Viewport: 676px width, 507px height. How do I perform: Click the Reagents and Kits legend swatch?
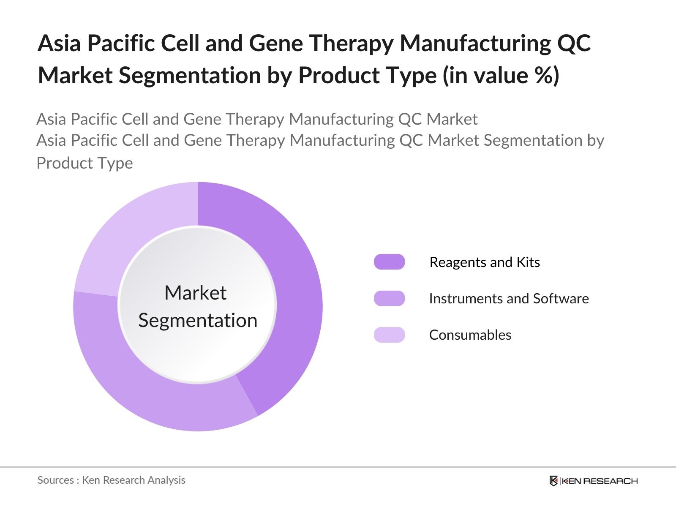(x=389, y=262)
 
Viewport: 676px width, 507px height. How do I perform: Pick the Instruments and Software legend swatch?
(x=389, y=298)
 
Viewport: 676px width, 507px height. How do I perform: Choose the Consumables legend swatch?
(x=389, y=335)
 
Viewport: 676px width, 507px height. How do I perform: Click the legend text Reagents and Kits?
(x=485, y=262)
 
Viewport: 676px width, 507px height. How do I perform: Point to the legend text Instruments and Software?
(x=509, y=299)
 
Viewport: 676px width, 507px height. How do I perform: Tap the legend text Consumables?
(x=470, y=335)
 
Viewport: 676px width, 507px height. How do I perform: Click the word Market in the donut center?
(x=195, y=293)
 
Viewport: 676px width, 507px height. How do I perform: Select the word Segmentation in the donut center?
(x=198, y=320)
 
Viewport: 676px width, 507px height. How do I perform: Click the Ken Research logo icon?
(x=553, y=481)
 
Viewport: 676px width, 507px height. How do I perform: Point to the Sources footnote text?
(x=111, y=480)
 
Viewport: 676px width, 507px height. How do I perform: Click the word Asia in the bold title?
(x=59, y=44)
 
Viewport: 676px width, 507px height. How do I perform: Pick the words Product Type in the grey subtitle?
(x=84, y=163)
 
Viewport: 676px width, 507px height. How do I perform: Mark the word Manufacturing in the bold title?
(x=475, y=44)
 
